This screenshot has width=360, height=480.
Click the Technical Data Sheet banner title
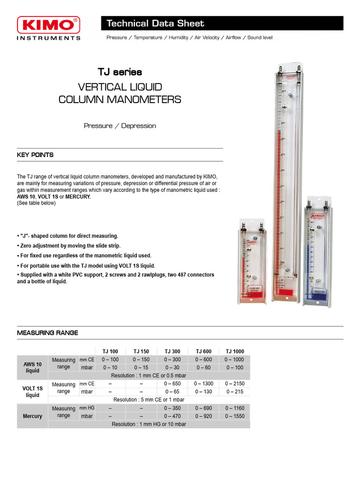(x=155, y=23)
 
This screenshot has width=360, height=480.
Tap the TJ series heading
(x=120, y=72)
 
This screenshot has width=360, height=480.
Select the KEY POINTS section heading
(x=35, y=155)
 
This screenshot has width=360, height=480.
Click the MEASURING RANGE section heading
(x=47, y=333)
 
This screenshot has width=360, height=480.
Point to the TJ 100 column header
(x=110, y=351)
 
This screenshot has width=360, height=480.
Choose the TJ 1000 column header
(x=235, y=351)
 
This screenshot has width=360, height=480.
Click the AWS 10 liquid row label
(x=32, y=367)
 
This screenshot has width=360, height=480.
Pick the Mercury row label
(x=32, y=416)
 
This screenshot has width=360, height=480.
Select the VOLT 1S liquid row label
(x=32, y=391)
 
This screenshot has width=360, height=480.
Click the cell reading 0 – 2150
(x=235, y=383)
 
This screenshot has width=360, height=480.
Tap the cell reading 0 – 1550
(x=235, y=416)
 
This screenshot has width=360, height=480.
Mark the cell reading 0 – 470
(x=172, y=416)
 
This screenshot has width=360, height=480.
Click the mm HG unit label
(x=87, y=408)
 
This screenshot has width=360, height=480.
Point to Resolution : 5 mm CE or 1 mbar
(x=149, y=399)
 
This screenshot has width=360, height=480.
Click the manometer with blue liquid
(x=319, y=253)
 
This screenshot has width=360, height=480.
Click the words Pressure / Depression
(x=120, y=126)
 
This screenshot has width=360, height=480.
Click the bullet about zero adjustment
(x=69, y=246)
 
